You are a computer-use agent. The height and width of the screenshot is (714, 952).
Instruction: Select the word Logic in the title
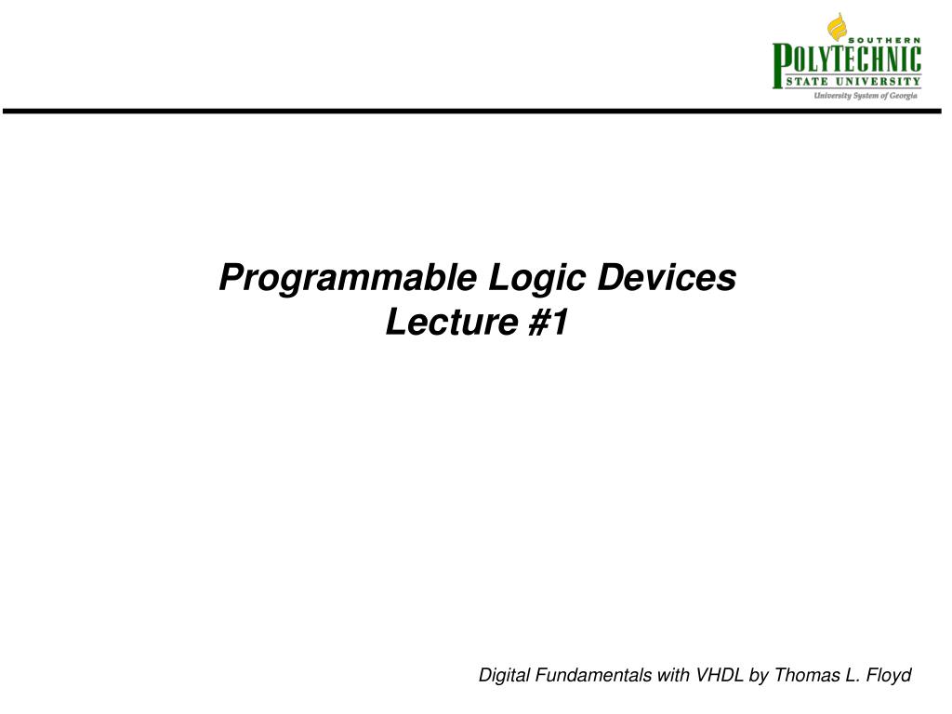(536, 279)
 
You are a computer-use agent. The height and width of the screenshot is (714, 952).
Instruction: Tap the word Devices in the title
(667, 277)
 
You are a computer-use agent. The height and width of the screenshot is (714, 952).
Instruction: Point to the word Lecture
(452, 321)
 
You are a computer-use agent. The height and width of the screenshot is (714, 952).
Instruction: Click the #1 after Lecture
(549, 321)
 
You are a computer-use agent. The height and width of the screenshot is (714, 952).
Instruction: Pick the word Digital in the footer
(504, 676)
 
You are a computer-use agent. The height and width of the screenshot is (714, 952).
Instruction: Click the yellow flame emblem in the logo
(837, 27)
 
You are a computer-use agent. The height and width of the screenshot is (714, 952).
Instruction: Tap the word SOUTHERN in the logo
(884, 40)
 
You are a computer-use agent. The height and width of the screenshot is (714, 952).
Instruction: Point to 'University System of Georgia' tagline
(866, 96)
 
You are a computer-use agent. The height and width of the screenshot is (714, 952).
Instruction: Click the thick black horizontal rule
(471, 112)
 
